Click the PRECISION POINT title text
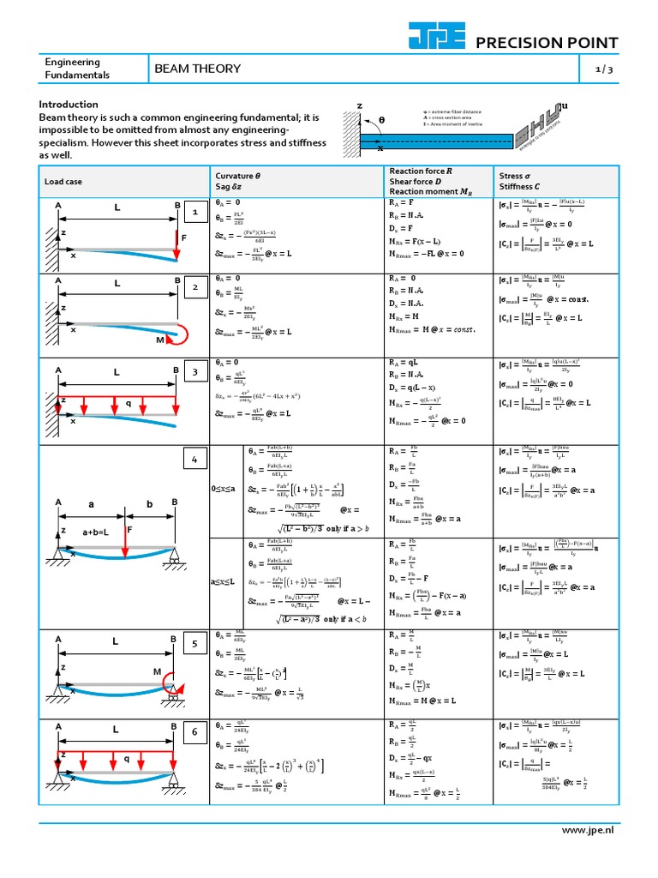pyautogui.click(x=546, y=44)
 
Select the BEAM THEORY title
pyautogui.click(x=196, y=69)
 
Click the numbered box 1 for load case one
pyautogui.click(x=195, y=212)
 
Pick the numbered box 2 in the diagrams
pyautogui.click(x=195, y=287)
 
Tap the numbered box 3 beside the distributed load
pyautogui.click(x=195, y=372)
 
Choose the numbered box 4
pyautogui.click(x=195, y=460)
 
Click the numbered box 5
pyautogui.click(x=195, y=643)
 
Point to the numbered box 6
pyautogui.click(x=195, y=731)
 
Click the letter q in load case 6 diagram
pyautogui.click(x=127, y=758)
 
